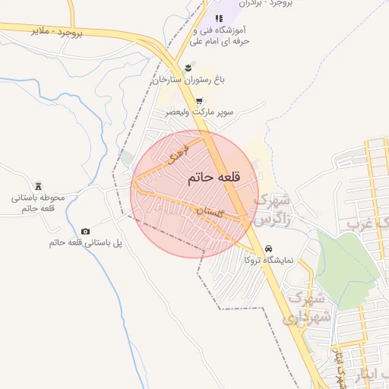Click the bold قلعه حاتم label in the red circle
pos(213,177)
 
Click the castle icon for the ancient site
pos(39,186)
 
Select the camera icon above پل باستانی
pos(85,231)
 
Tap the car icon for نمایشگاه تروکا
pos(269,248)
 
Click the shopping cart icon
pos(199,101)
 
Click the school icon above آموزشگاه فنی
pos(219,18)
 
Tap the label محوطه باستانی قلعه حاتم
pos(39,203)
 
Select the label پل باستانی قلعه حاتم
pos(85,242)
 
